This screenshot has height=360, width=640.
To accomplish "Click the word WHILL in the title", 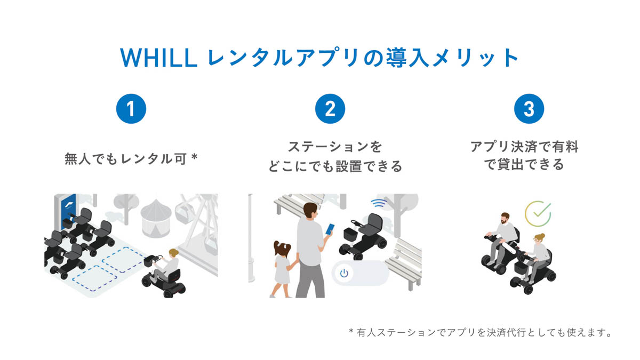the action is click(x=159, y=58).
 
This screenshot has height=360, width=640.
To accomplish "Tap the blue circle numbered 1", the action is click(x=131, y=109).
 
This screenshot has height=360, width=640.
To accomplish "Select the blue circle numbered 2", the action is click(x=330, y=109).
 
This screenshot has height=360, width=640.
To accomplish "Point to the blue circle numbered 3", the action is click(x=529, y=109).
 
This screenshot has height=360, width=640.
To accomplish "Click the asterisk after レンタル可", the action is click(x=194, y=157).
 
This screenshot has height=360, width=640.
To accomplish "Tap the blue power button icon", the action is click(x=345, y=274).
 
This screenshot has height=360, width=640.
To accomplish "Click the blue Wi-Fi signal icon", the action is click(x=379, y=203).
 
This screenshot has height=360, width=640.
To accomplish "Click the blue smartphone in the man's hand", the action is click(x=330, y=229).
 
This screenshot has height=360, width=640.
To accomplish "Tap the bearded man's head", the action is click(x=505, y=218).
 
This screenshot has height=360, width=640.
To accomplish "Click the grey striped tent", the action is click(x=156, y=218).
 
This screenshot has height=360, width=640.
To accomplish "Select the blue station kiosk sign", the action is click(x=69, y=212).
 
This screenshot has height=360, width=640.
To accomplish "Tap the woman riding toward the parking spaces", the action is click(x=167, y=266).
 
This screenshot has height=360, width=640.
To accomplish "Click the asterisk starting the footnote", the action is click(x=351, y=331).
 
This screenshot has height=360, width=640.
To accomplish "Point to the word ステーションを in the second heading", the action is click(x=335, y=147).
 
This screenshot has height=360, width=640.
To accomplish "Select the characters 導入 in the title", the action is click(x=407, y=58).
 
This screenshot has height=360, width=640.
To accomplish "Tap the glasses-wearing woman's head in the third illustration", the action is click(x=539, y=238).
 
